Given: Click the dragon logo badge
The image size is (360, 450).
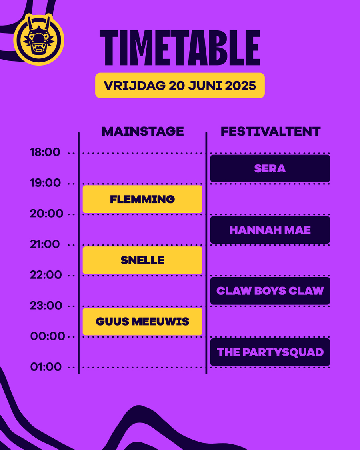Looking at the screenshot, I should pos(39,39).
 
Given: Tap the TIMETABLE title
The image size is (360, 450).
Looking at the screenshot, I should pos(180,49).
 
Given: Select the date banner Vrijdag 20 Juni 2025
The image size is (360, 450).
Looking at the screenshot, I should pos(180,86).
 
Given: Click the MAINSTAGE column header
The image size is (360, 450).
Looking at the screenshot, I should pos(143,132).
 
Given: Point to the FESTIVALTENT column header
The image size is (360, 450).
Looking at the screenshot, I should pos(270,132).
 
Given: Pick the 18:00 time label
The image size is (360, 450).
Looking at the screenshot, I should pos(45,152).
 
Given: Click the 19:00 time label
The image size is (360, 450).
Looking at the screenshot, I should pos(45,183).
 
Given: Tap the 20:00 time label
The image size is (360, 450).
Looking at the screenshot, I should pos(46,214).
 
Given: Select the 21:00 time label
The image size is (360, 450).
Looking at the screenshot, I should pos(45,244).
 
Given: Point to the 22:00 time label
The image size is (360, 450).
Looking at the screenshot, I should pos(46,275).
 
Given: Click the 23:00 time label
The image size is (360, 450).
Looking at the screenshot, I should pos(46,306).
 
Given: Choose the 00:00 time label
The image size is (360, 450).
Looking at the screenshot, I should pos(48,336).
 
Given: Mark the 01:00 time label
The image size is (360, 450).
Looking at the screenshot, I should pos(46,367).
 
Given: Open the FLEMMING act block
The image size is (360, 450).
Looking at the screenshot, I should pos(142,199).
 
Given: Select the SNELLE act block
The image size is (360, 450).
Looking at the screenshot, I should pos(142,260).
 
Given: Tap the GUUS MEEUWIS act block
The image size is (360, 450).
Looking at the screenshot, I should pos(142,322).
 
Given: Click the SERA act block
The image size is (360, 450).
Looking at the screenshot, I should pos(270,169).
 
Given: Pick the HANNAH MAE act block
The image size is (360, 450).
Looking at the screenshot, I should pos(270,230).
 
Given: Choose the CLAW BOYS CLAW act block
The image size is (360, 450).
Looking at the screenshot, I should pos(270,291).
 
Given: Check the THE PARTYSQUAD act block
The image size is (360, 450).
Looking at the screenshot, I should pos(270,352).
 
